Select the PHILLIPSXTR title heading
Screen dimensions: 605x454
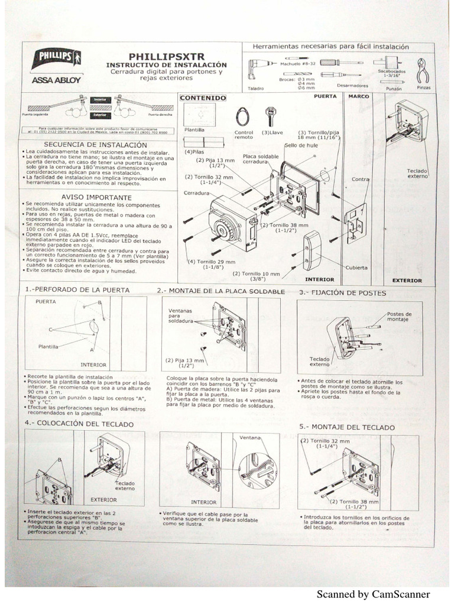pos(167,56)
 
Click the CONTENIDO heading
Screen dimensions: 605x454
pos(203,97)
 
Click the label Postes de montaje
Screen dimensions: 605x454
pos(400,317)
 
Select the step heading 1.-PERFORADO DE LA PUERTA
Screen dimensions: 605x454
pos(77,290)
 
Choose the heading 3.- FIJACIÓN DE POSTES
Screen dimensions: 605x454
pos(342,292)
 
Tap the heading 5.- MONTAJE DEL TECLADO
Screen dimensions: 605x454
pos(347,427)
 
